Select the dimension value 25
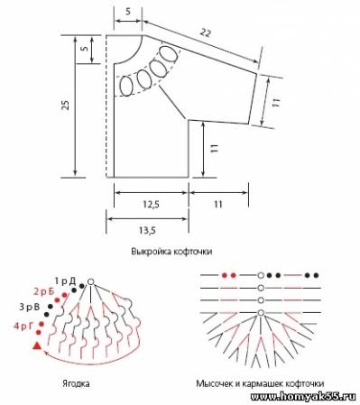[66, 105]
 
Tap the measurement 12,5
[151, 205]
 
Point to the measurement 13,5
[147, 230]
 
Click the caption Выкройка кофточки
[171, 252]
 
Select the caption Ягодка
[76, 383]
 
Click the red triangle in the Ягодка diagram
[37, 346]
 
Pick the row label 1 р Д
[65, 281]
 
